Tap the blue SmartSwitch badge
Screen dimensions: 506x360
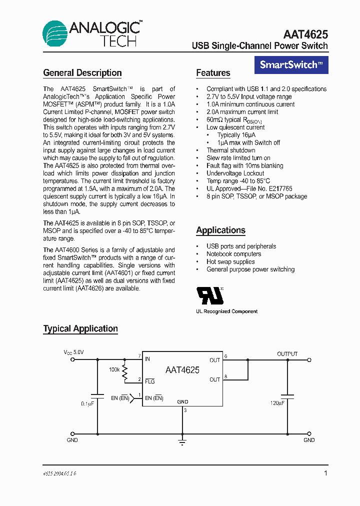pyautogui.click(x=291, y=64)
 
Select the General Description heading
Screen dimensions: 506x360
pyautogui.click(x=82, y=73)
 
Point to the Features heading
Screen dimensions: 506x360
pyautogui.click(x=213, y=73)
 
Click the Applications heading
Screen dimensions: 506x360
pyautogui.click(x=220, y=230)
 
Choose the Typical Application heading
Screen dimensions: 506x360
pyautogui.click(x=80, y=329)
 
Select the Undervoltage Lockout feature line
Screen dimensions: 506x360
pyautogui.click(x=235, y=173)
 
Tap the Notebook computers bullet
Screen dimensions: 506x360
pyautogui.click(x=233, y=254)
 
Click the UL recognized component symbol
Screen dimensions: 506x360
pyautogui.click(x=210, y=295)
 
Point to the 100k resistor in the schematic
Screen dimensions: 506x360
pyautogui.click(x=124, y=370)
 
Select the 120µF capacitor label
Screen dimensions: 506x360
pyautogui.click(x=277, y=402)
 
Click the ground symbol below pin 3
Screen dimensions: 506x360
pyautogui.click(x=182, y=441)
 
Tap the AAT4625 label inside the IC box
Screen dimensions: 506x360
pyautogui.click(x=182, y=370)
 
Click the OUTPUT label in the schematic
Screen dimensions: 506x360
pyautogui.click(x=287, y=354)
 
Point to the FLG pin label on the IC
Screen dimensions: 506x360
pyautogui.click(x=149, y=381)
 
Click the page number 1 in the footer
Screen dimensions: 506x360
pyautogui.click(x=325, y=473)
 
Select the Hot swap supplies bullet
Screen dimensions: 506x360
pyautogui.click(x=230, y=261)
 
